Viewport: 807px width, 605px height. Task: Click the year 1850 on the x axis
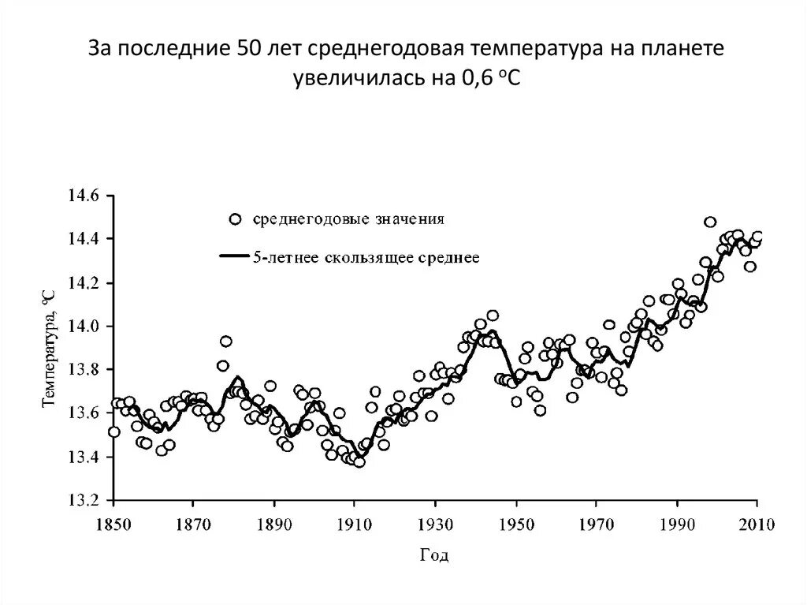(x=114, y=524)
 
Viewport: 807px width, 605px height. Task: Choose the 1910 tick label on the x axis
(x=355, y=524)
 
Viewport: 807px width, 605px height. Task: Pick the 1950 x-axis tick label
(x=516, y=524)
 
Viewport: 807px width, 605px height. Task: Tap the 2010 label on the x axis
(x=757, y=524)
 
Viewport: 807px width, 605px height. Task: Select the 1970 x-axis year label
(x=597, y=524)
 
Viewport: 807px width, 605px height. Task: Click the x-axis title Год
(x=433, y=556)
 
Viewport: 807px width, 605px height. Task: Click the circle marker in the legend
(x=233, y=220)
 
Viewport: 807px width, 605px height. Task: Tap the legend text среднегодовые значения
(x=348, y=220)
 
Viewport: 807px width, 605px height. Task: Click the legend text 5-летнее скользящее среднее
(x=366, y=258)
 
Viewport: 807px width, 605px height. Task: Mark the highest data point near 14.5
(x=710, y=222)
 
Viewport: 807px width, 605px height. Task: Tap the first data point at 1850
(x=114, y=431)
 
